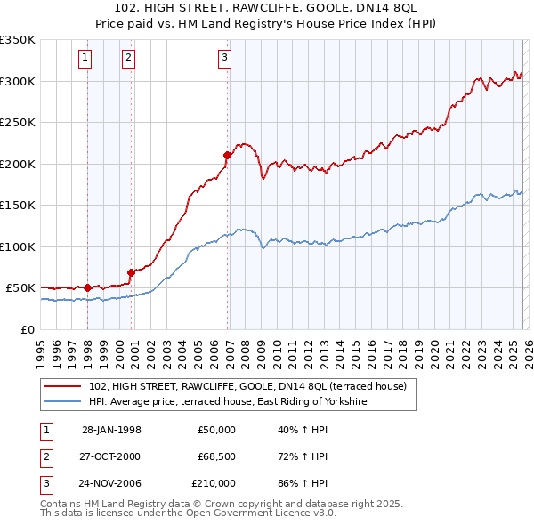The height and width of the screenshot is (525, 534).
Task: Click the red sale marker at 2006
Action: point(227,155)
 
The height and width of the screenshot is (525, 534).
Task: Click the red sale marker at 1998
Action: point(87,287)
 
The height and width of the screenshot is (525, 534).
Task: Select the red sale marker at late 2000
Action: point(131,272)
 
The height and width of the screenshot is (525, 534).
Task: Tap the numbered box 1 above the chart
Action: point(85,58)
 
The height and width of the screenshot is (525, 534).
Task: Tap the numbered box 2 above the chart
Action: point(128,58)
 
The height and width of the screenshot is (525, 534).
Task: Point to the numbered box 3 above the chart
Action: point(224,58)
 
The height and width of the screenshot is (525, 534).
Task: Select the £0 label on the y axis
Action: point(27,329)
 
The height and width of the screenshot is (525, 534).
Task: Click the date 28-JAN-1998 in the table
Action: point(111,430)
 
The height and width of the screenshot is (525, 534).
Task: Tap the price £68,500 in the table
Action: point(216,456)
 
